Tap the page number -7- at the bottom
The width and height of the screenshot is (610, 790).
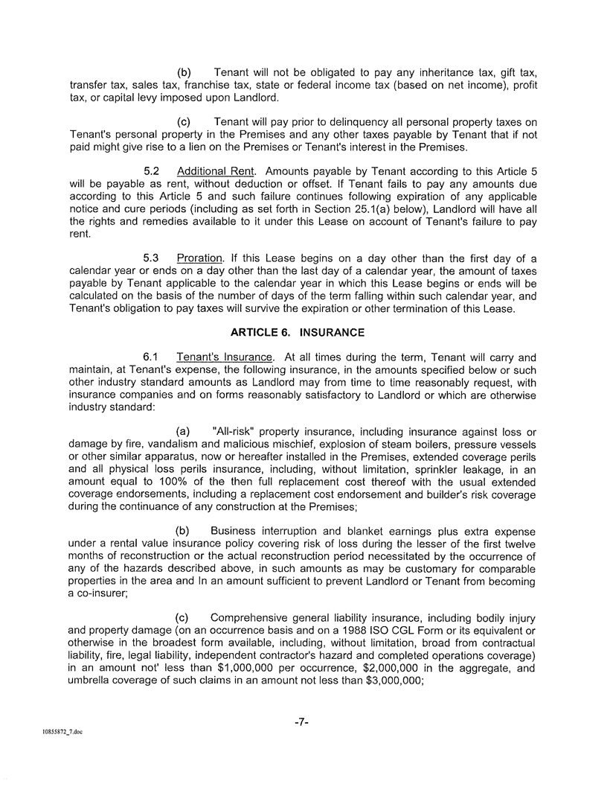click(x=303, y=721)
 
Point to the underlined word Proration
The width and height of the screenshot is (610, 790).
click(x=201, y=258)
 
